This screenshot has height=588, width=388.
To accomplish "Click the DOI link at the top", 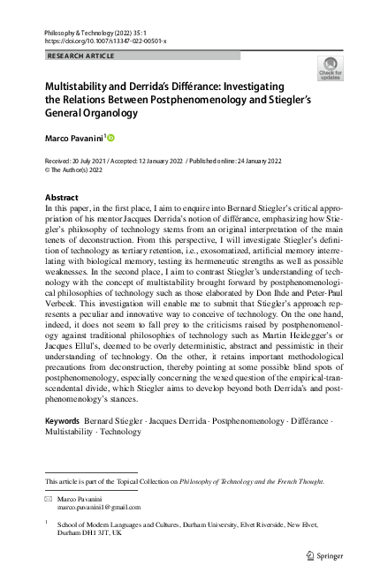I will click(x=104, y=41).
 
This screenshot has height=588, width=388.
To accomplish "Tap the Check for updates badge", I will click(x=329, y=69).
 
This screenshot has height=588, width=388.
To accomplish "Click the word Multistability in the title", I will click(x=79, y=87).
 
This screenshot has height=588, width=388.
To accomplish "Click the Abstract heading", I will click(x=62, y=197).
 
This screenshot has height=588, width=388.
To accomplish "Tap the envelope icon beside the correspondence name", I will click(x=49, y=500).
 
